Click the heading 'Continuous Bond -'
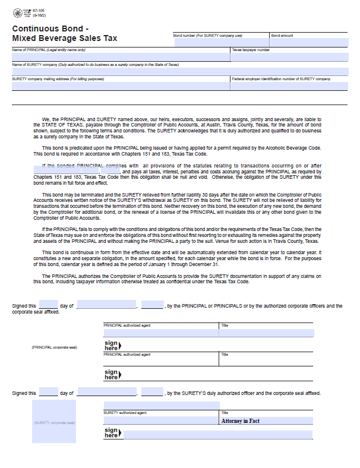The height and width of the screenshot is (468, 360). click(50, 29)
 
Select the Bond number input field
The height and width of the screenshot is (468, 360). click(220, 42)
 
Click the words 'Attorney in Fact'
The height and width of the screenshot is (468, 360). click(240, 420)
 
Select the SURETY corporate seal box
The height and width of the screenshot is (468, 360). click(54, 422)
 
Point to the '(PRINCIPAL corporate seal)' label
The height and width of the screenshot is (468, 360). click(54, 347)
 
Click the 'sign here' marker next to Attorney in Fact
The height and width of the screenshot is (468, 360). click(112, 433)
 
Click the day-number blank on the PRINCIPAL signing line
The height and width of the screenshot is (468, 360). click(48, 306)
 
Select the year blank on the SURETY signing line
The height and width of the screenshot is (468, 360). click(152, 393)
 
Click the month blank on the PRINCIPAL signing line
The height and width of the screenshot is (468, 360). click(106, 306)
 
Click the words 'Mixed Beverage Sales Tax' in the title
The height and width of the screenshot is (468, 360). click(64, 39)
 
